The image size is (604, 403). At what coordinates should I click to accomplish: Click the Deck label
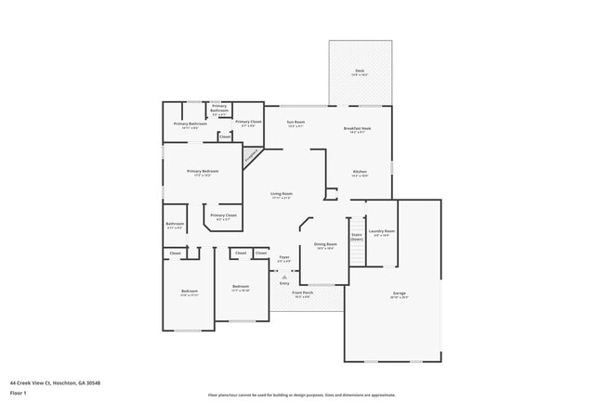click(359, 71)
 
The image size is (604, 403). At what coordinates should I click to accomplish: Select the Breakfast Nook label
click(358, 130)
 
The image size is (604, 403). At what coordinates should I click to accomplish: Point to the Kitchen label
click(359, 173)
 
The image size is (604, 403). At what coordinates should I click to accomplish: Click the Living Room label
click(282, 196)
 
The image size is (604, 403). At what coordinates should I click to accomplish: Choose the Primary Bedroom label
click(202, 172)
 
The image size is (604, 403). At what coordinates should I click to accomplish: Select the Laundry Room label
click(382, 233)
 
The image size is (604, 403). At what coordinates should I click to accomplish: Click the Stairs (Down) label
click(357, 237)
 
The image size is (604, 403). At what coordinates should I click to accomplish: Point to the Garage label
click(399, 294)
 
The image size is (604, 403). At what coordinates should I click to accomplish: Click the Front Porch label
click(302, 294)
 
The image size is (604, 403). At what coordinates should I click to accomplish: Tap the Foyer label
click(284, 259)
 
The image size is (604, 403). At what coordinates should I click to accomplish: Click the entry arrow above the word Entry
click(284, 276)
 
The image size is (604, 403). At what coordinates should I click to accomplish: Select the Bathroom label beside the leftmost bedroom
click(175, 225)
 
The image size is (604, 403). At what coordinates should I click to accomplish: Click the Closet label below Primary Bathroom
click(225, 136)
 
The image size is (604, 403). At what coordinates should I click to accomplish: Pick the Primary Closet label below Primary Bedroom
click(223, 217)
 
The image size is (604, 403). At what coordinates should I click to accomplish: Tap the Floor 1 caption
click(19, 393)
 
